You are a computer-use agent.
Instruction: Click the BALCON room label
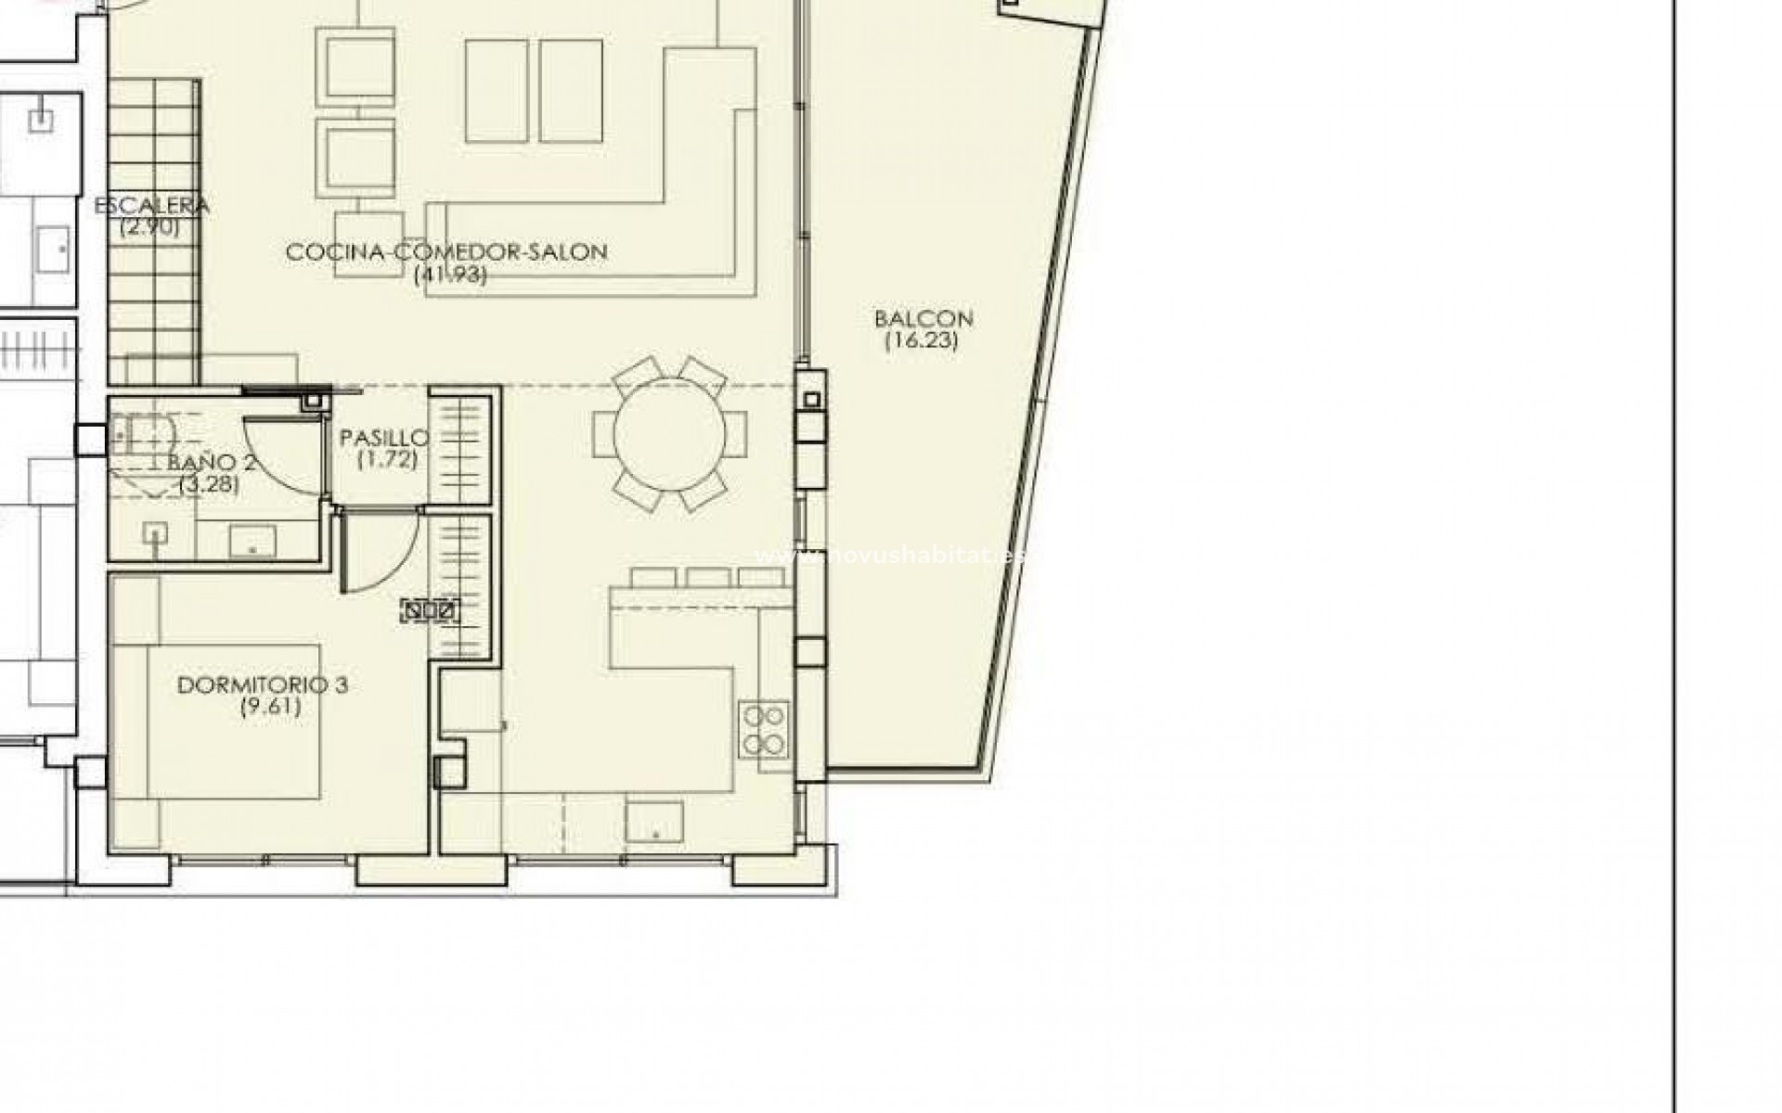923,319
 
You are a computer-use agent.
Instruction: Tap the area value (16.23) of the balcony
921,340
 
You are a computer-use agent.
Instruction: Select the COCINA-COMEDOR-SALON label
446,251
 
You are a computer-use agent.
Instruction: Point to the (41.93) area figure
450,274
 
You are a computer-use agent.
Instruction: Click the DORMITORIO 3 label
263,685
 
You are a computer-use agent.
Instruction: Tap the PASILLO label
383,438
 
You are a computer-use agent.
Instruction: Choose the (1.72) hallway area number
387,459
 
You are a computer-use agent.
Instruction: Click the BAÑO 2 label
212,463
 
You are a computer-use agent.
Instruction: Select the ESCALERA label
151,205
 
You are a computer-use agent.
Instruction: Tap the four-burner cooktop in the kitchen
765,729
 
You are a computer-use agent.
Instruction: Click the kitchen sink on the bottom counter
654,822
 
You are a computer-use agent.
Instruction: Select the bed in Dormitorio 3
232,722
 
